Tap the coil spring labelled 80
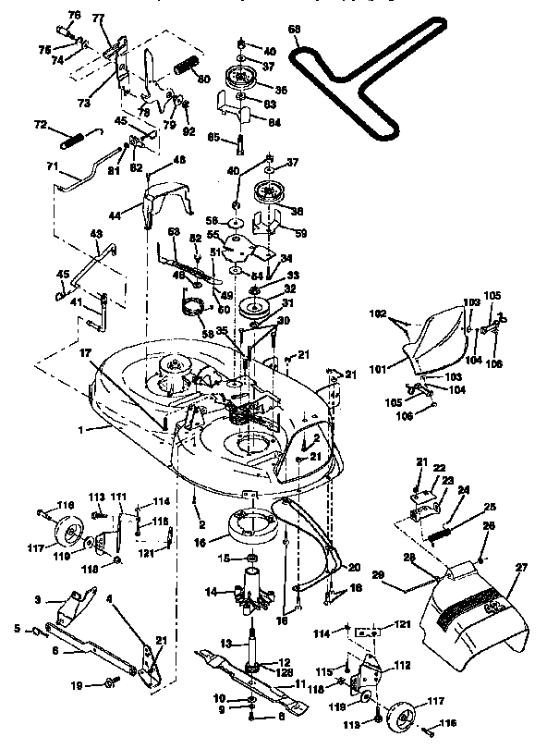187,68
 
